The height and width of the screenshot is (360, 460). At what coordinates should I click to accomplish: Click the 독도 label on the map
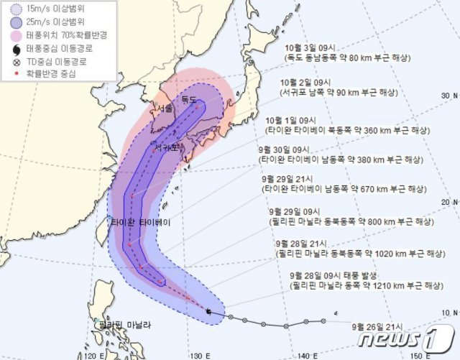tap(189, 98)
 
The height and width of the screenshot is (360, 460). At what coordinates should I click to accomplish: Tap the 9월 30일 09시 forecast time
tap(281, 149)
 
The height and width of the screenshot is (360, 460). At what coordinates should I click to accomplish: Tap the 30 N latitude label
tap(449, 95)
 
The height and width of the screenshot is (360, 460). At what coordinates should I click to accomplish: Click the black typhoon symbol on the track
tap(208, 311)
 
